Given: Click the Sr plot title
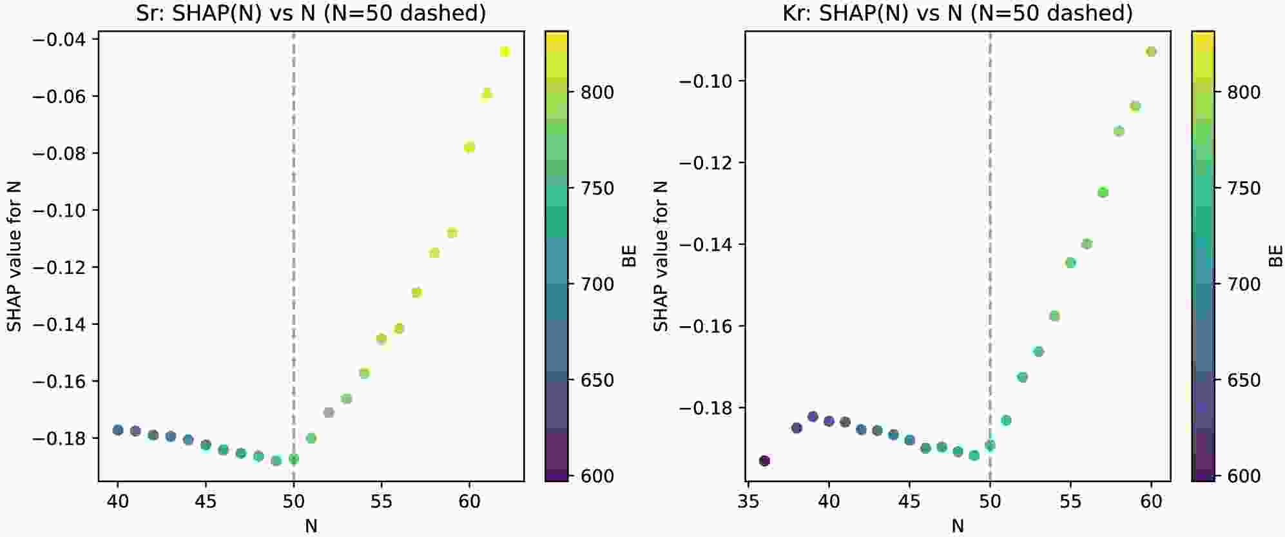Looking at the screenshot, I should point(311,13).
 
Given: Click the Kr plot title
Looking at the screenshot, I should point(958,13).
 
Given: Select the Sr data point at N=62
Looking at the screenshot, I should point(505,52).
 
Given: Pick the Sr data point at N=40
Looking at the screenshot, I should point(118,430).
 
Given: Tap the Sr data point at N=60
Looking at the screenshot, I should point(469,147).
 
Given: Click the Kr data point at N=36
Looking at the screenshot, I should point(764,461).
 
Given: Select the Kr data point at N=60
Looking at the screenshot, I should point(1151,52).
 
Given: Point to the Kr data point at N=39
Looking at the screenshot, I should point(813,416).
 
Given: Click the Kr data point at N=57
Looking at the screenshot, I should point(1103,192).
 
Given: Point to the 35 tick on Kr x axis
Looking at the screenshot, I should point(748,501).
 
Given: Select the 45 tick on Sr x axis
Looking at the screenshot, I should point(206,501).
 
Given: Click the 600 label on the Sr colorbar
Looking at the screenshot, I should point(597,476).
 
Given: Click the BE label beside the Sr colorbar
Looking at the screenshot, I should point(629,256).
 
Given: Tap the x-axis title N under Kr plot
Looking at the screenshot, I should point(958,526).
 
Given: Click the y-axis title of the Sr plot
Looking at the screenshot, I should point(14,256).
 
